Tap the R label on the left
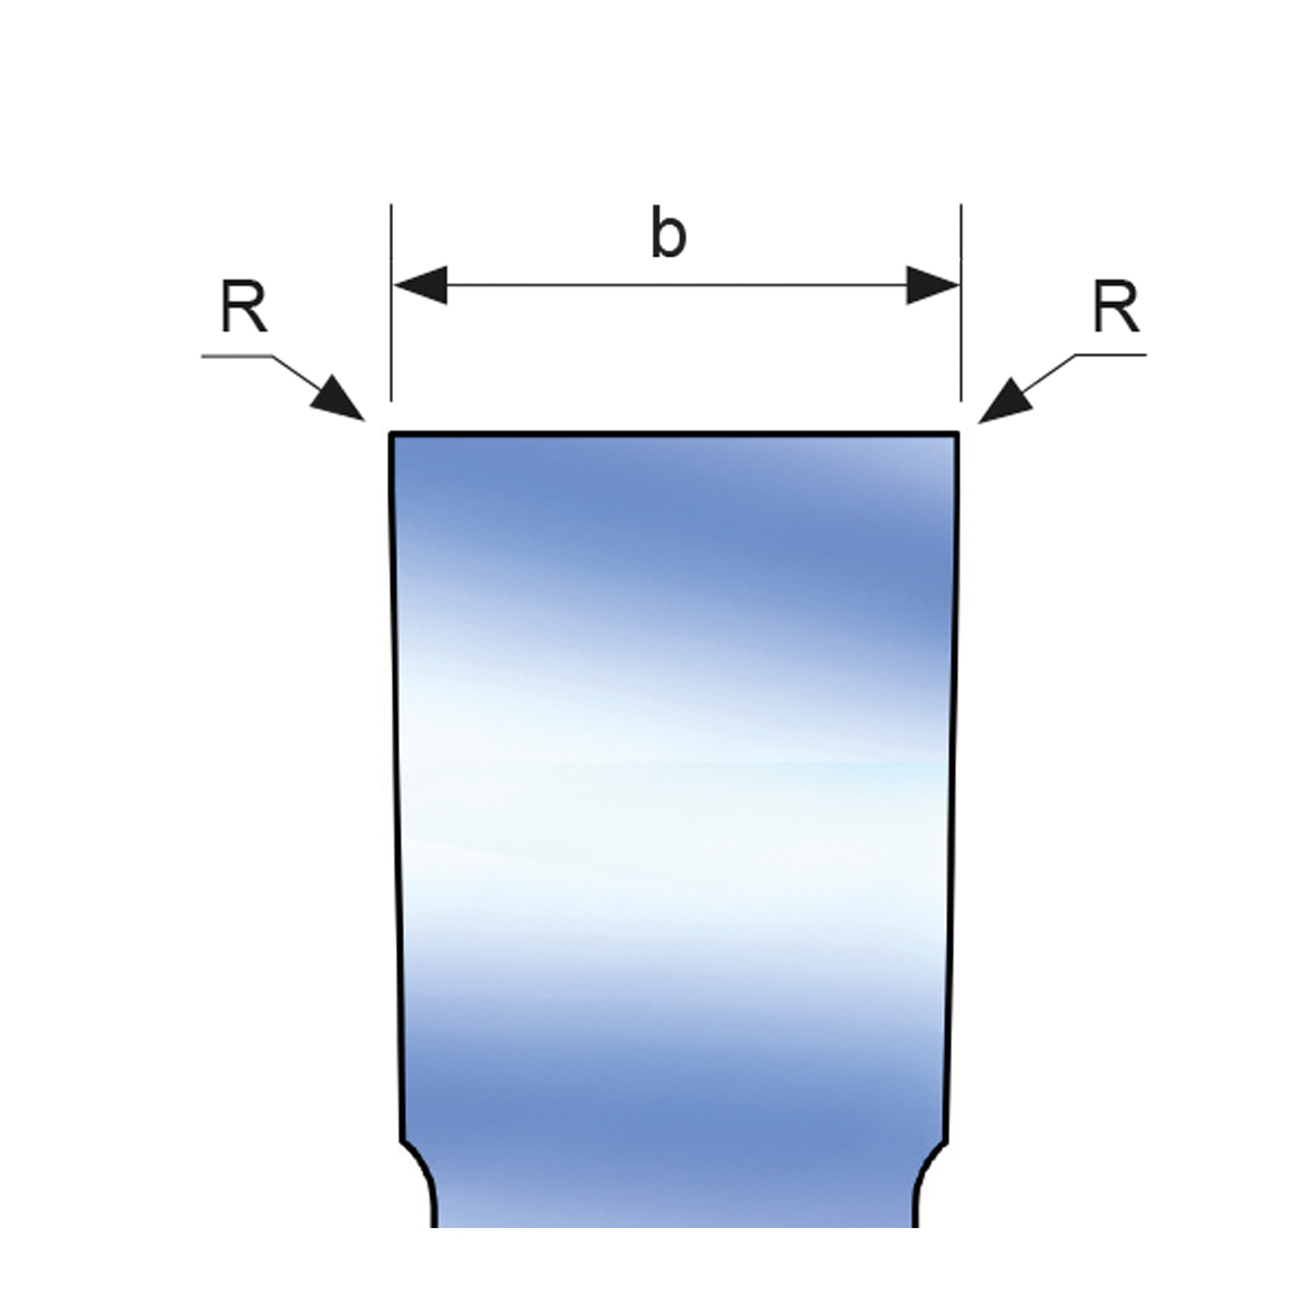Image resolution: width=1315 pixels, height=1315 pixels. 243,308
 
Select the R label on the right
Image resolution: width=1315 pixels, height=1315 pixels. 1116,308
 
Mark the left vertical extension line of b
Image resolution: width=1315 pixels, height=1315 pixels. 391,329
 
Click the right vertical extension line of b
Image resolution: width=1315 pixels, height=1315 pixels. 961,329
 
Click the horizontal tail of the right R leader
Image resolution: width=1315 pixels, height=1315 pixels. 1110,355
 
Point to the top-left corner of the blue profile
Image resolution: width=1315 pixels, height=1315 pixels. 391,434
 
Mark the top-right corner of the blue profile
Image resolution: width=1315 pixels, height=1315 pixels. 958,434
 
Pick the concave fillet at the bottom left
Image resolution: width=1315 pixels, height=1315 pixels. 424,1173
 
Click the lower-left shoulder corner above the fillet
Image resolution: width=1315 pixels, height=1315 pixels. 402,1140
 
